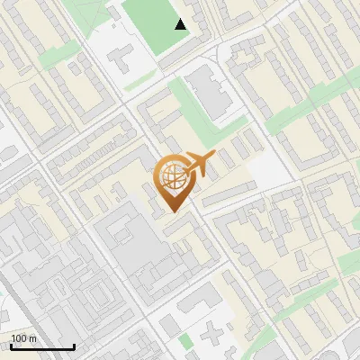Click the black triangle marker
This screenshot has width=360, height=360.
point(181,24)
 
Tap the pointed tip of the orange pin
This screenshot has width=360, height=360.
point(172,210)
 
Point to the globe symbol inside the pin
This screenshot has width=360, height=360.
point(172,176)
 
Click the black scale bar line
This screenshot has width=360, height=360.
point(42,347)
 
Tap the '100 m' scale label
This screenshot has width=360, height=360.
point(23,338)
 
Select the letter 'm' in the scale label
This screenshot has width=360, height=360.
point(32,338)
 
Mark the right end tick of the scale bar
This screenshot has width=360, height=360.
point(74,346)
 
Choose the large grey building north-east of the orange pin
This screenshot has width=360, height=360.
point(212,94)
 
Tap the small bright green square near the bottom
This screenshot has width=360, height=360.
point(187,342)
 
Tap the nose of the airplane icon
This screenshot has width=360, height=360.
point(215,157)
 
